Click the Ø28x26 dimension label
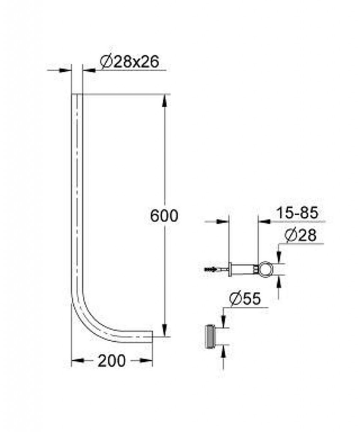pos(130,62)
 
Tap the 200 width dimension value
pos(112,361)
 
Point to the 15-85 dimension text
pos(297,213)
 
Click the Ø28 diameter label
pos(300,235)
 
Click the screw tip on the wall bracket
pos(206,269)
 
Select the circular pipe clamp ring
pos(266,269)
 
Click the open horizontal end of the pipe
pos(152,337)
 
